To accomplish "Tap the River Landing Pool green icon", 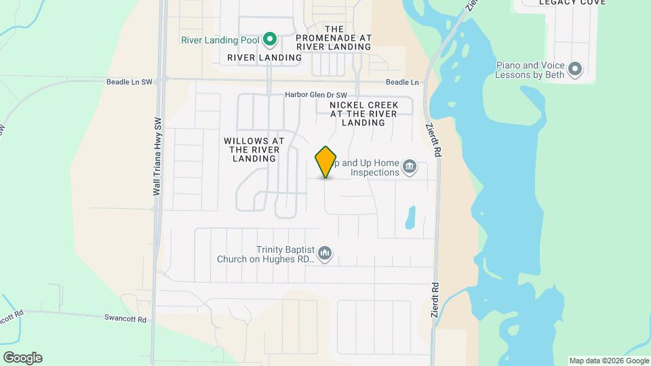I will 270,39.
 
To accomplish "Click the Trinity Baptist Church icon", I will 325,253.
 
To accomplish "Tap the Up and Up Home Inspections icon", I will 410,167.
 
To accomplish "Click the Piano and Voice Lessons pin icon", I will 576,69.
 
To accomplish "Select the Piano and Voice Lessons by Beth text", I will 530,70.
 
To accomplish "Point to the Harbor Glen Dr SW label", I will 316,95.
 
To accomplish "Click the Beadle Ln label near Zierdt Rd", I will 402,82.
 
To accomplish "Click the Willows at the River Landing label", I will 254,149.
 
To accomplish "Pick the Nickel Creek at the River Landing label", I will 363,114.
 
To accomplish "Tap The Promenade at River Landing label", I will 334,38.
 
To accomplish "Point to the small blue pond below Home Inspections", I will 410,217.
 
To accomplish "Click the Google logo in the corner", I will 22,358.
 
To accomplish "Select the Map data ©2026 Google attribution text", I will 608,361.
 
